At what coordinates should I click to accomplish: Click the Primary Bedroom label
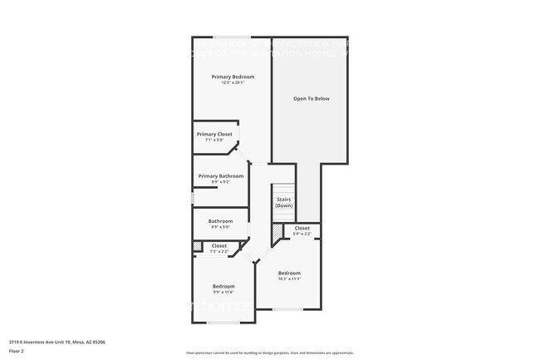pos(232,76)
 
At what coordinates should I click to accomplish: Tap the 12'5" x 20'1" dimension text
pos(232,82)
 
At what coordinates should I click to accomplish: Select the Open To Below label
pos(311,98)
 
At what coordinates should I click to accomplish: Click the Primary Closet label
pos(214,134)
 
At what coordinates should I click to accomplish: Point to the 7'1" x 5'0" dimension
pos(214,140)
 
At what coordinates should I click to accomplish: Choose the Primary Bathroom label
pos(220,175)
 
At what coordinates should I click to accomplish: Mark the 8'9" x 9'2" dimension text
pos(220,181)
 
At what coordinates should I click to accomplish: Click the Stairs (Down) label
pos(284,202)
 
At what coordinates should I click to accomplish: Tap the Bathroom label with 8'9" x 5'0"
pos(220,220)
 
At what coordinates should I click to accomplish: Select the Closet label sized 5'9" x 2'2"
pos(302,228)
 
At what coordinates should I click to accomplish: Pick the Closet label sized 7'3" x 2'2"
pos(219,245)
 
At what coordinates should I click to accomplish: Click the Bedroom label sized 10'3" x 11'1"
pos(289,273)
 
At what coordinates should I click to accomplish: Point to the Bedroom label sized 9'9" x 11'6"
pos(223,286)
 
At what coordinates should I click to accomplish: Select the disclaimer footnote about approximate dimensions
pos(269,353)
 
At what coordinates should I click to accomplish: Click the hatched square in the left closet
pos(197,246)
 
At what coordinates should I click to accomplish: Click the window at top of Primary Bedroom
pos(232,37)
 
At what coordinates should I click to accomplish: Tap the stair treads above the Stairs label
pos(284,189)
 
